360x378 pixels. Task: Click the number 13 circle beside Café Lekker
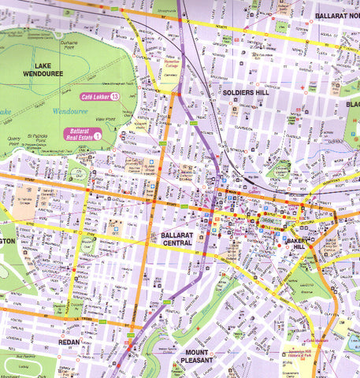tap(114, 96)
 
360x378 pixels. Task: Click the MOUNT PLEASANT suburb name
tap(199, 356)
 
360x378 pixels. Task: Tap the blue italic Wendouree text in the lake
tap(70, 112)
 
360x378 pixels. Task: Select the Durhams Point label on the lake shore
tap(70, 46)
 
